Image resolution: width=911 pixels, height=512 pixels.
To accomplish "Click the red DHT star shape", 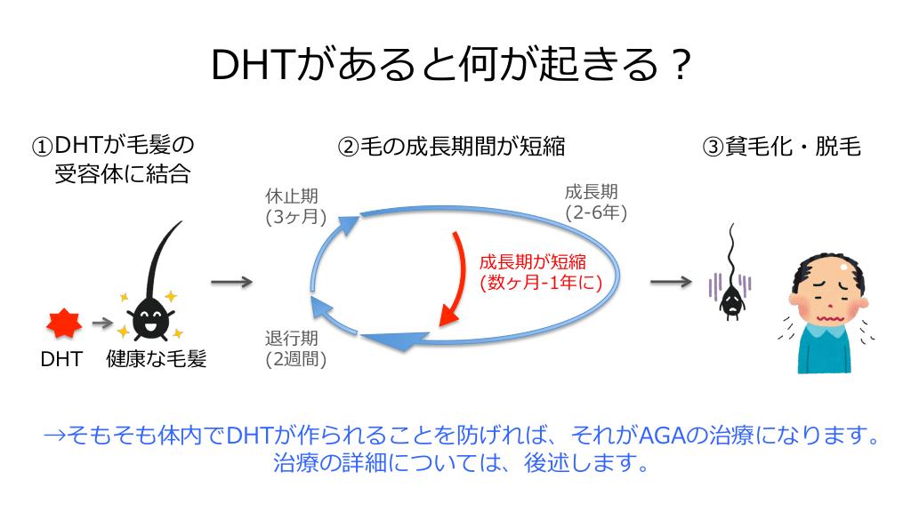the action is tap(64, 323).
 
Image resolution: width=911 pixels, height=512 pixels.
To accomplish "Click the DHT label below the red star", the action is tap(61, 359).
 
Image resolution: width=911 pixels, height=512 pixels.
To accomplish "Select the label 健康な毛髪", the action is tap(157, 359).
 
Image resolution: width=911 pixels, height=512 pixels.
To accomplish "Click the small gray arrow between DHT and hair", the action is tap(102, 323).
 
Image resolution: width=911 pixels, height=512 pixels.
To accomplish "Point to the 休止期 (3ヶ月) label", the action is tap(295, 206).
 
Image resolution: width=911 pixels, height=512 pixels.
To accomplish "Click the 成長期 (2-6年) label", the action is tap(595, 202).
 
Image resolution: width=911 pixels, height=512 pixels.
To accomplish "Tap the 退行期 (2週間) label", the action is tap(295, 348).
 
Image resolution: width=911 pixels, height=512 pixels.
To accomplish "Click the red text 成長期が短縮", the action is tap(532, 262).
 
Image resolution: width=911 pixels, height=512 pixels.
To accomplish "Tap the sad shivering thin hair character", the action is tap(731, 272).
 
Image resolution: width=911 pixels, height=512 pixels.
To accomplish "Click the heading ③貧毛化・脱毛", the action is tap(781, 147).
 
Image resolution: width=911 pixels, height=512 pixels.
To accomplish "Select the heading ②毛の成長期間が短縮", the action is tap(451, 147).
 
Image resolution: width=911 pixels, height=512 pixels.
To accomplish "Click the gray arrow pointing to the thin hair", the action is tap(671, 282).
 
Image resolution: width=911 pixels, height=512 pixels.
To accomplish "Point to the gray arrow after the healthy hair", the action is tap(232, 282).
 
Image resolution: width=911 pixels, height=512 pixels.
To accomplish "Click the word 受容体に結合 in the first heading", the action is tap(123, 174).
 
